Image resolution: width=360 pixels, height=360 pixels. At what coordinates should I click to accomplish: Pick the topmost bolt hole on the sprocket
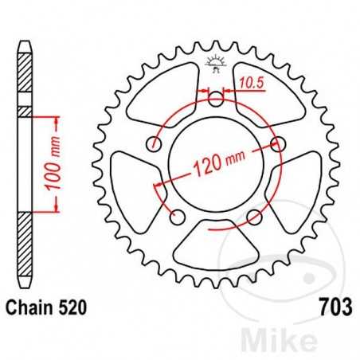pos(216,99)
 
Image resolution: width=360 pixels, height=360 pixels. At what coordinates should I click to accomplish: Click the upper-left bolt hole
pos(155,144)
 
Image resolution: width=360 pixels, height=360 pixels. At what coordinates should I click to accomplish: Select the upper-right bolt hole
pos(278,143)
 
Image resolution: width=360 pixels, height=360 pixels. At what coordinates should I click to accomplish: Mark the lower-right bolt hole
pos(255,217)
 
